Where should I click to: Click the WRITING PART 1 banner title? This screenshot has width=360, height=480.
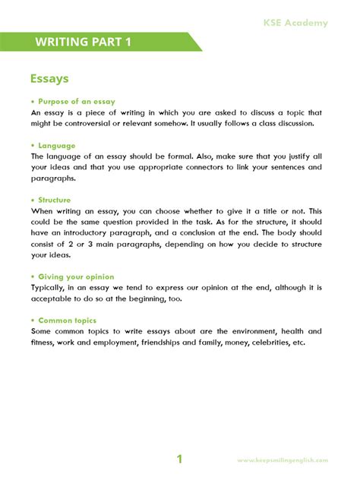(83, 42)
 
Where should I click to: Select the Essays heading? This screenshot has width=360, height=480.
(49, 78)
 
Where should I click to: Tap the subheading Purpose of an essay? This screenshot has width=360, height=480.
(81, 101)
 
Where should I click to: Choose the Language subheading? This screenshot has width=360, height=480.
(60, 145)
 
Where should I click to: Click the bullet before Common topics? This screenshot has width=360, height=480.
(33, 321)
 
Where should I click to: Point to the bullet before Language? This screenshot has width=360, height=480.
(33, 145)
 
